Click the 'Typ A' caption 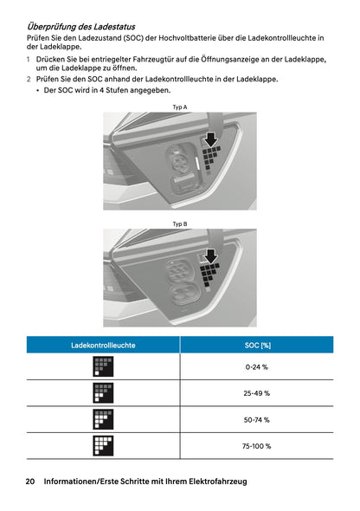180,107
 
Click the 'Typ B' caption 180,223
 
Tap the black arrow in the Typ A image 209,139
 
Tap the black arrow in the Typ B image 209,256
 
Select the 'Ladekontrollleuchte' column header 103,346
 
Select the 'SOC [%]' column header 257,346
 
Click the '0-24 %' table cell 257,367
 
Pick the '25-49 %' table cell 257,393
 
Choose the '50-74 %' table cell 257,419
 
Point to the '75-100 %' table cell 257,446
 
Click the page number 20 30,482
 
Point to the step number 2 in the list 29,79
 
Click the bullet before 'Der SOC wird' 38,90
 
